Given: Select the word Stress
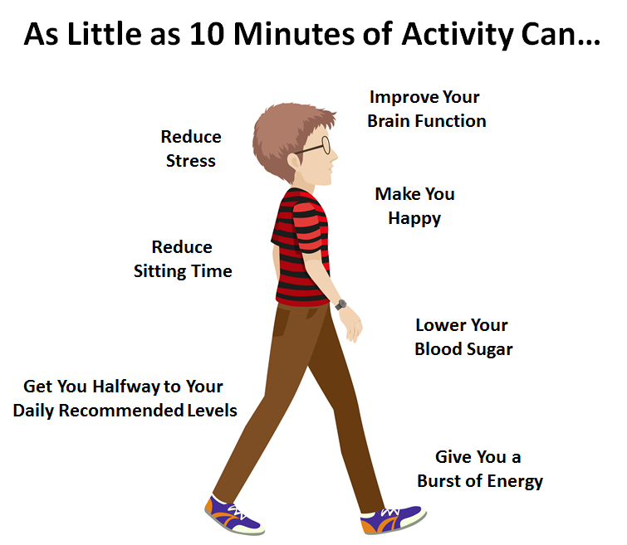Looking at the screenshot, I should click(190, 161).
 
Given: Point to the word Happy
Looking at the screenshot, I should click(414, 219).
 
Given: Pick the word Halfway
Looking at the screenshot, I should click(130, 386).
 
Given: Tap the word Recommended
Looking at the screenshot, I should click(125, 411).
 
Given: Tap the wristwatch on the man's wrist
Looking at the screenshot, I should click(340, 304).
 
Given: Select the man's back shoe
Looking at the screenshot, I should click(233, 513).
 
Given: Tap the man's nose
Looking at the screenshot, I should click(334, 157).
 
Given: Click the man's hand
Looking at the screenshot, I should click(351, 324).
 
